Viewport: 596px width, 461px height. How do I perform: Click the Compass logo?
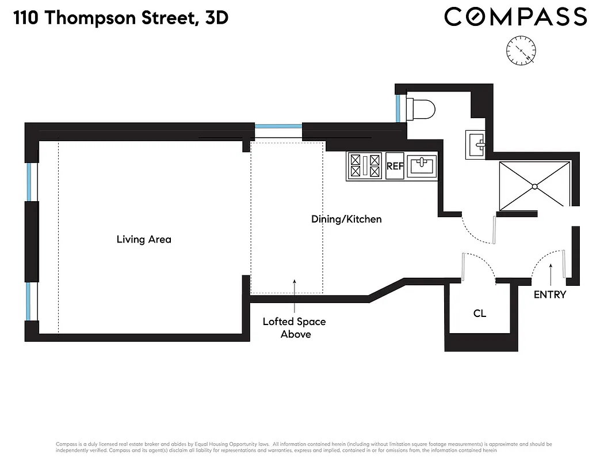point(515,17)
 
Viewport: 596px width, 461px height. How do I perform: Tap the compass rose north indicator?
point(521,50)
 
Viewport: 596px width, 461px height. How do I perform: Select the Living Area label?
point(144,239)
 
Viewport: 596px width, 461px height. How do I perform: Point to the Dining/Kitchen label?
point(346,219)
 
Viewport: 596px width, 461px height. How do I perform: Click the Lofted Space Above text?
point(294,328)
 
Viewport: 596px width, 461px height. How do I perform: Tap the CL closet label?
point(479,313)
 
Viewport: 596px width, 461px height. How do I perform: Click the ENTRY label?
point(550,294)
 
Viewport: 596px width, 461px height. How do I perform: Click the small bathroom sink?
point(476,143)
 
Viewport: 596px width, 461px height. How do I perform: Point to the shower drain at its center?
point(534,186)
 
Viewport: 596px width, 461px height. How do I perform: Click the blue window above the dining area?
point(278,126)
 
